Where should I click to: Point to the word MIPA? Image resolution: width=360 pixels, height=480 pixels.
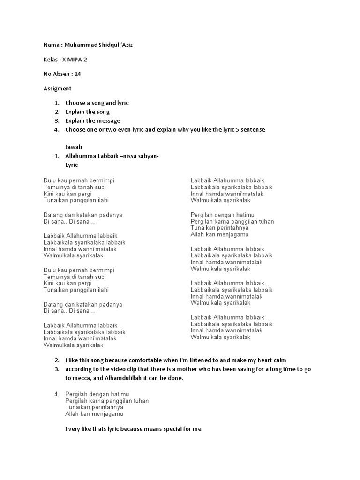click(x=78, y=60)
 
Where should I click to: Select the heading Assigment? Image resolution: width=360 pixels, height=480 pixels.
click(x=57, y=88)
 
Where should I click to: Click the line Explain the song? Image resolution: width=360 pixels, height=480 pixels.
click(x=87, y=112)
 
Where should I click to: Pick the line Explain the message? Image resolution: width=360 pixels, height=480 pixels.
click(x=93, y=120)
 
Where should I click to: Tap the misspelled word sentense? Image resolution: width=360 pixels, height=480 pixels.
click(x=251, y=129)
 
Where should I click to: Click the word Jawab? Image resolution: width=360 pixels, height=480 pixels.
click(x=74, y=147)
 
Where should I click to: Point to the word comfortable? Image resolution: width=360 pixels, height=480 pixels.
click(x=143, y=360)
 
